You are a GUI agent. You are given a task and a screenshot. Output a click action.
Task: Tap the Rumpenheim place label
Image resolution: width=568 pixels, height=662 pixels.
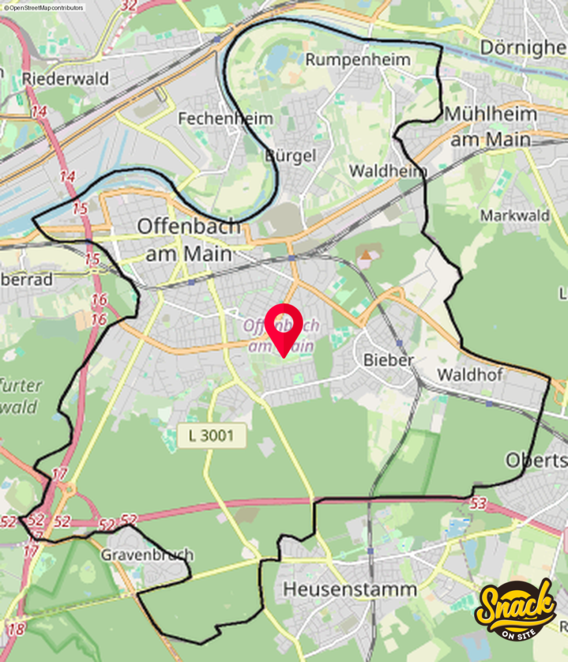click(358, 59)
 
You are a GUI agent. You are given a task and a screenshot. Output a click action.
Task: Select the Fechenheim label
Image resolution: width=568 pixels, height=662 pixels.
click(225, 118)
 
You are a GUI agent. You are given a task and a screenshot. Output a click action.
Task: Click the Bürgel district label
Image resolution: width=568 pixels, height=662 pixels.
click(290, 156)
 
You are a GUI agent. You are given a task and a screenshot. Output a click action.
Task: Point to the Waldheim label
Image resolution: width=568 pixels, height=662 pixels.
click(388, 171)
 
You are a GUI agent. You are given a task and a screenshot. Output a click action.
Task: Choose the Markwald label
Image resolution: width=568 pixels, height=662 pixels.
click(514, 215)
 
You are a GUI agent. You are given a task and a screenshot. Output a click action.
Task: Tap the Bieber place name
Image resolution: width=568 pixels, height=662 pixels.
click(388, 359)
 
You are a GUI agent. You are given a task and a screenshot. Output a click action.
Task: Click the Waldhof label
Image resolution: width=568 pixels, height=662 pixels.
click(470, 374)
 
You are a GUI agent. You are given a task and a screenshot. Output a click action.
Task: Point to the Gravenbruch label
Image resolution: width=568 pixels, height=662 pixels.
click(147, 555)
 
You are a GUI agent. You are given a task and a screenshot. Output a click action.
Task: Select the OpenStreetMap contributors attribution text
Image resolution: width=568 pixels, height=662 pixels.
click(43, 8)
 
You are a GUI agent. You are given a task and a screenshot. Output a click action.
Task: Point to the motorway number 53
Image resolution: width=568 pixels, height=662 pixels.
click(478, 504)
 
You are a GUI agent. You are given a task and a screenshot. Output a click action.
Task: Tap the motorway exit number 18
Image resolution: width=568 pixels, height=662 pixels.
click(17, 628)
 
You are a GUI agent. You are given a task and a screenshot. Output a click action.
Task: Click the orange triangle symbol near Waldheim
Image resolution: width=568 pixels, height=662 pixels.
click(366, 255)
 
